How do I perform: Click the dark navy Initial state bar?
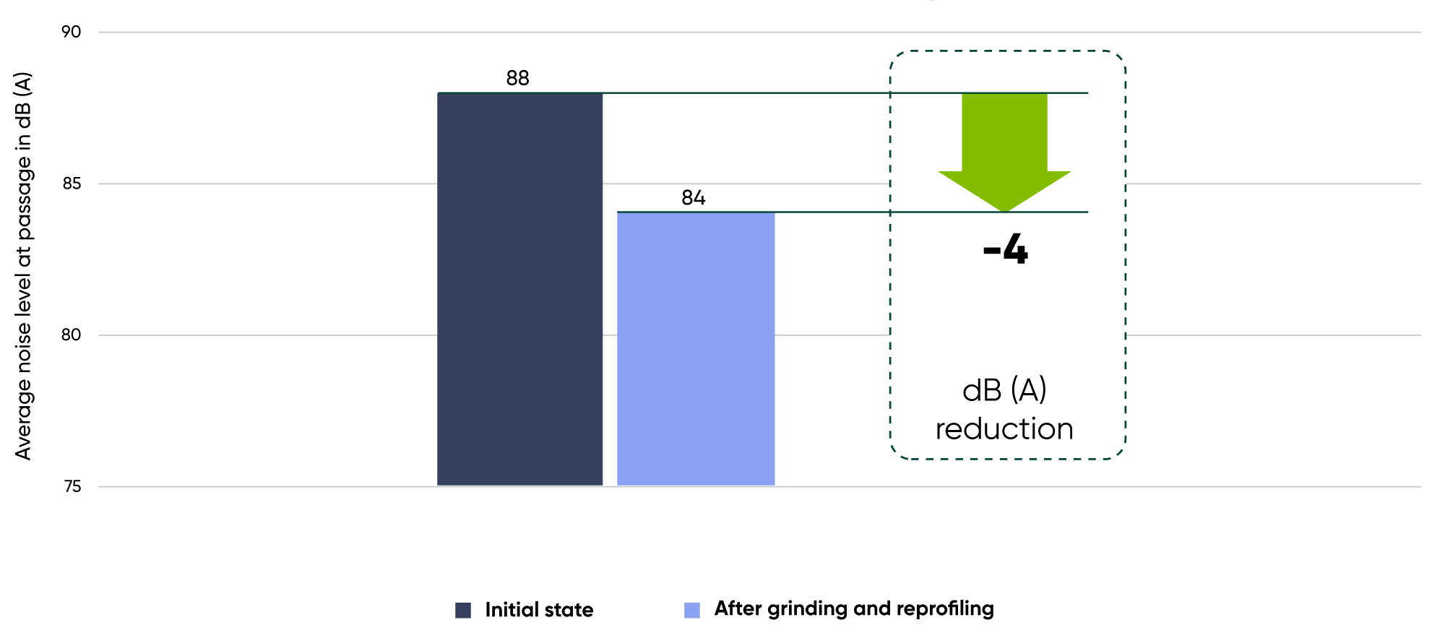(519, 289)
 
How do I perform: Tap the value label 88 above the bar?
(517, 78)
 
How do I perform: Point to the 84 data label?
(693, 198)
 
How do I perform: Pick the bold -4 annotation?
(1005, 249)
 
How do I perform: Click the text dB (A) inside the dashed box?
(1004, 390)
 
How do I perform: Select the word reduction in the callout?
(1004, 429)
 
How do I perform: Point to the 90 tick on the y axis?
(71, 32)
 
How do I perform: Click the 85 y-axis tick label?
(71, 184)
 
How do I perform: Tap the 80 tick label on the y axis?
(71, 335)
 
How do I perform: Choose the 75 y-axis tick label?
(72, 486)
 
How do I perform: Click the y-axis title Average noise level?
(23, 266)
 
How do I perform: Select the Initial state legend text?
(539, 610)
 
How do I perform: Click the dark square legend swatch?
(463, 611)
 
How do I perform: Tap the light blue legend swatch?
(692, 611)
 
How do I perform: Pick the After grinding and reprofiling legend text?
(854, 609)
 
